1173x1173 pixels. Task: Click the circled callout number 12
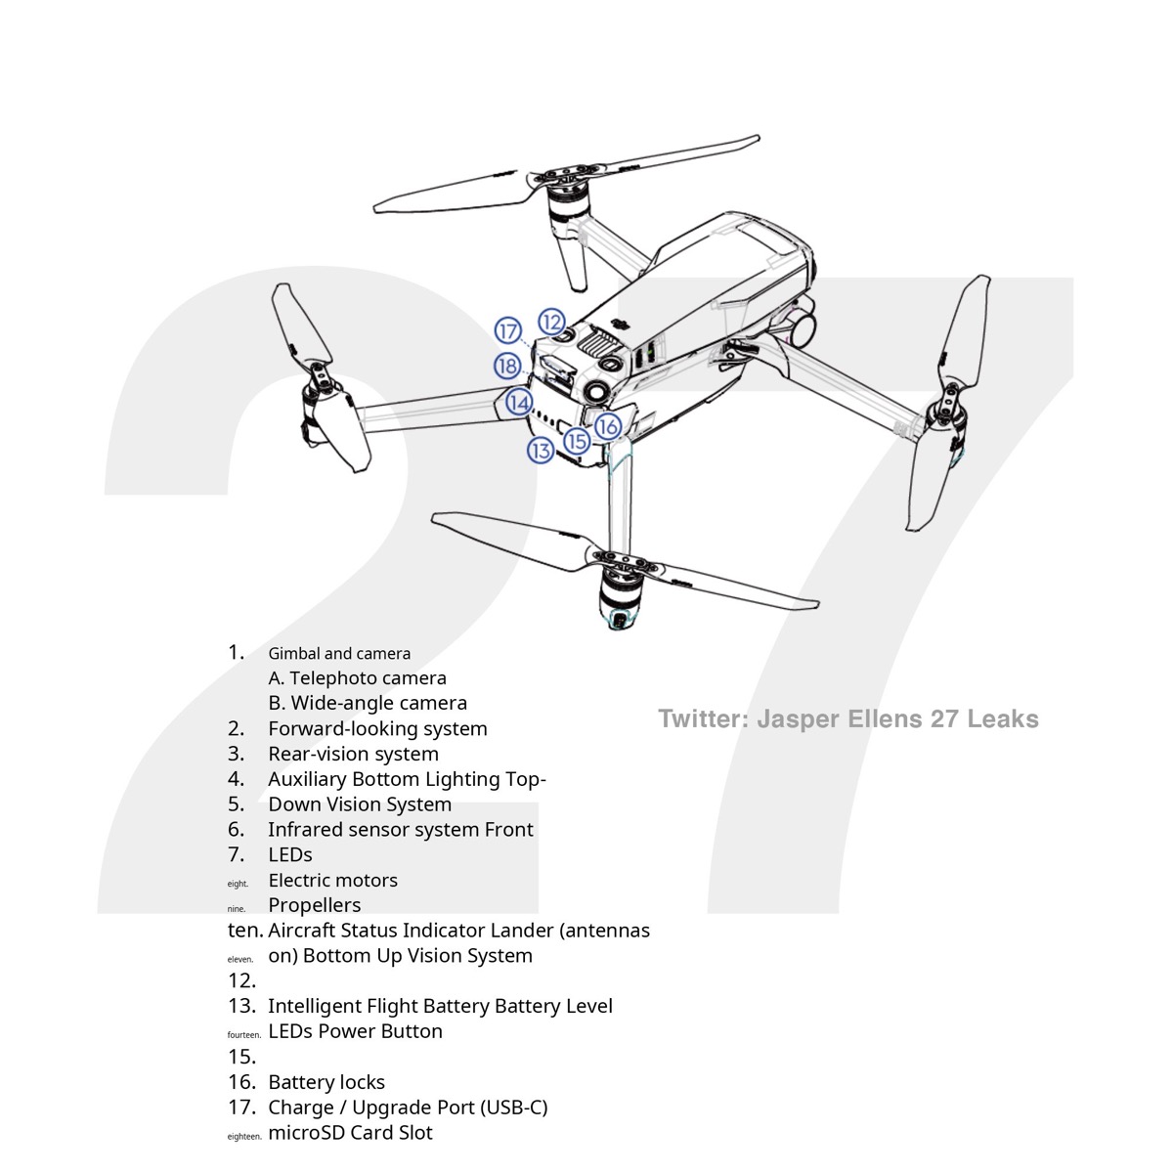point(552,322)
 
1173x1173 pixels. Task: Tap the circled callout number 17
point(507,331)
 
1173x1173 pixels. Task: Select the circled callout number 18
point(507,367)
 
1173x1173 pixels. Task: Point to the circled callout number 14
point(519,403)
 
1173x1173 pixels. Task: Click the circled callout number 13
point(541,451)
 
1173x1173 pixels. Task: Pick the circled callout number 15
point(577,442)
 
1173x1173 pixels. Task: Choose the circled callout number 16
point(607,426)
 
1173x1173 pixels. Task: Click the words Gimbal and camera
point(339,654)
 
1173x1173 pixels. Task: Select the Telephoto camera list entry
point(358,678)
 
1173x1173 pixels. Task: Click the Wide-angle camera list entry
point(368,703)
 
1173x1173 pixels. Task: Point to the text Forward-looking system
point(377,728)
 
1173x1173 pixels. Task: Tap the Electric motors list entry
point(332,880)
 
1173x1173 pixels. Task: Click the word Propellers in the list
point(314,905)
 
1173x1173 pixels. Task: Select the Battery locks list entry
point(326,1082)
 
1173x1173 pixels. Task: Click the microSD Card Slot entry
point(350,1133)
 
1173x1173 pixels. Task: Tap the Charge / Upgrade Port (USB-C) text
point(408,1108)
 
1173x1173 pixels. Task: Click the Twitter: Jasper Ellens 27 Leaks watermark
point(847,719)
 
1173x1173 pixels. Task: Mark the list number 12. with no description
point(241,980)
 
